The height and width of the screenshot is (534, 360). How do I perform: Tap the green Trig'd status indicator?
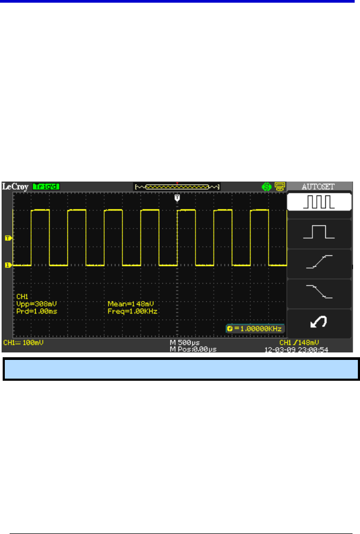coord(46,187)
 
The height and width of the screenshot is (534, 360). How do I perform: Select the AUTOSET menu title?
coord(319,187)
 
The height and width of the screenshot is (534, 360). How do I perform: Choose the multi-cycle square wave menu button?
coord(319,202)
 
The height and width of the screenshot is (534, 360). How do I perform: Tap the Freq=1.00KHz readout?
coord(132,310)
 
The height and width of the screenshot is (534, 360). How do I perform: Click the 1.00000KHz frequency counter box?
coord(254,328)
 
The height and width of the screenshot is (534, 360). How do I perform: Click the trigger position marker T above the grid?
coord(178,198)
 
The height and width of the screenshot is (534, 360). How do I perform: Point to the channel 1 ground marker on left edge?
coord(8,265)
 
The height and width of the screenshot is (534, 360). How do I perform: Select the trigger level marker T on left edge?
coord(8,238)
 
